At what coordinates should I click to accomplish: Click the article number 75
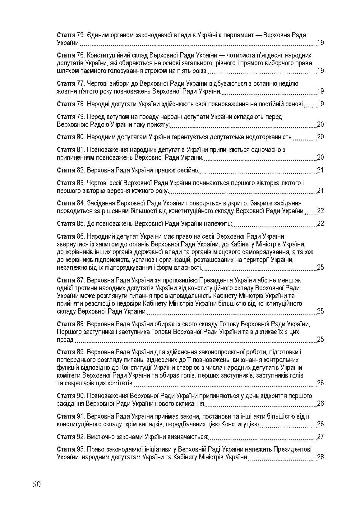tap(81, 35)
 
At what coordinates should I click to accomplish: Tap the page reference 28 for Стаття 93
tap(320, 457)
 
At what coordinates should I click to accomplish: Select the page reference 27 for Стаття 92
tap(320, 437)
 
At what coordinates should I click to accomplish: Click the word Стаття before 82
tap(66, 170)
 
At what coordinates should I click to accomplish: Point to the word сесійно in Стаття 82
tap(189, 170)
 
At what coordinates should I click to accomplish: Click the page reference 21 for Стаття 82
tap(320, 170)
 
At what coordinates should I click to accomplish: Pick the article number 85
tap(81, 224)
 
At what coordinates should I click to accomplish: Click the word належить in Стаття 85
tap(219, 224)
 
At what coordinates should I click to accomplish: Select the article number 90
tap(81, 396)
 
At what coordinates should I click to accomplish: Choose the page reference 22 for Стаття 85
tap(320, 224)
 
